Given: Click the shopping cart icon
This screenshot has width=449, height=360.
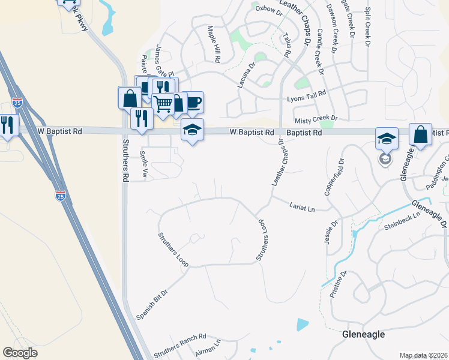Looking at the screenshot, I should pos(163,104).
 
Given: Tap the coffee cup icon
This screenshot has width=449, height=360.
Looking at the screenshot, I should pos(193,101).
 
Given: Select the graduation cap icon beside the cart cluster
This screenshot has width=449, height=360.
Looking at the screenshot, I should pos(192,130).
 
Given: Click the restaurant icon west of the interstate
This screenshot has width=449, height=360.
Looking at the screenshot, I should pos(7,124).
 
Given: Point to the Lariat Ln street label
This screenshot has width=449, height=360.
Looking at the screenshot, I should pos(302,206).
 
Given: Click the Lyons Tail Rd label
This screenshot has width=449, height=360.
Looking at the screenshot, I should pos(306,95).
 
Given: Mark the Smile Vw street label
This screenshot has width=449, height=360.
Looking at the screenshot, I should pos(143,164).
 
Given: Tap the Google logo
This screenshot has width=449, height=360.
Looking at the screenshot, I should pos(20,353).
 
